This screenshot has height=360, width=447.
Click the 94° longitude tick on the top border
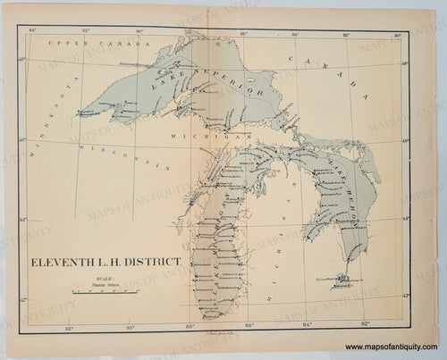32,32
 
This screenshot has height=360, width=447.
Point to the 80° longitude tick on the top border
397,32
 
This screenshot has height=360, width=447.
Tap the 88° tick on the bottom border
190,325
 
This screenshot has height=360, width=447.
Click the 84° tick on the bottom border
308,325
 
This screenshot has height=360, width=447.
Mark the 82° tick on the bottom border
365,325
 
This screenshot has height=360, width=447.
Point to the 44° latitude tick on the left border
24,218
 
